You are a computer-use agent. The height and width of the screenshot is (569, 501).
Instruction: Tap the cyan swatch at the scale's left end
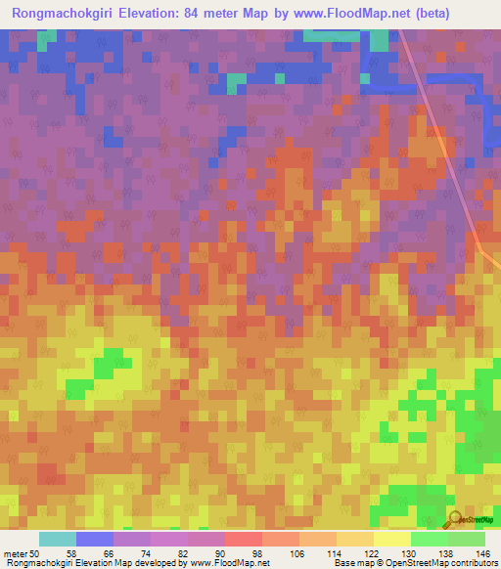(58, 539)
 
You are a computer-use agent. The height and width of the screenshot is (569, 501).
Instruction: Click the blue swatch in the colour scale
(95, 539)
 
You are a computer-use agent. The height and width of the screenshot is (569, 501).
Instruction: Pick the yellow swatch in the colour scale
(391, 539)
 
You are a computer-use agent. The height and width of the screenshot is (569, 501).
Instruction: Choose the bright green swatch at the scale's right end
(467, 539)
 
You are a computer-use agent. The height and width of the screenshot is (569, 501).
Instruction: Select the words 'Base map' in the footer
(348, 563)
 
